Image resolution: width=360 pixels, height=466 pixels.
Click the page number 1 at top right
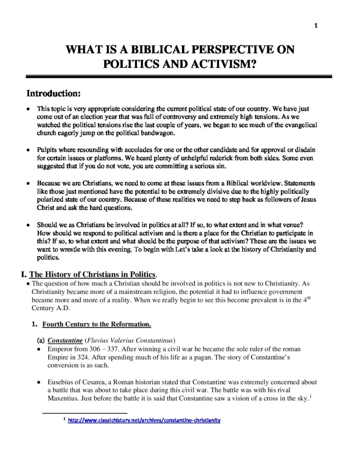click(x=316, y=25)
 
